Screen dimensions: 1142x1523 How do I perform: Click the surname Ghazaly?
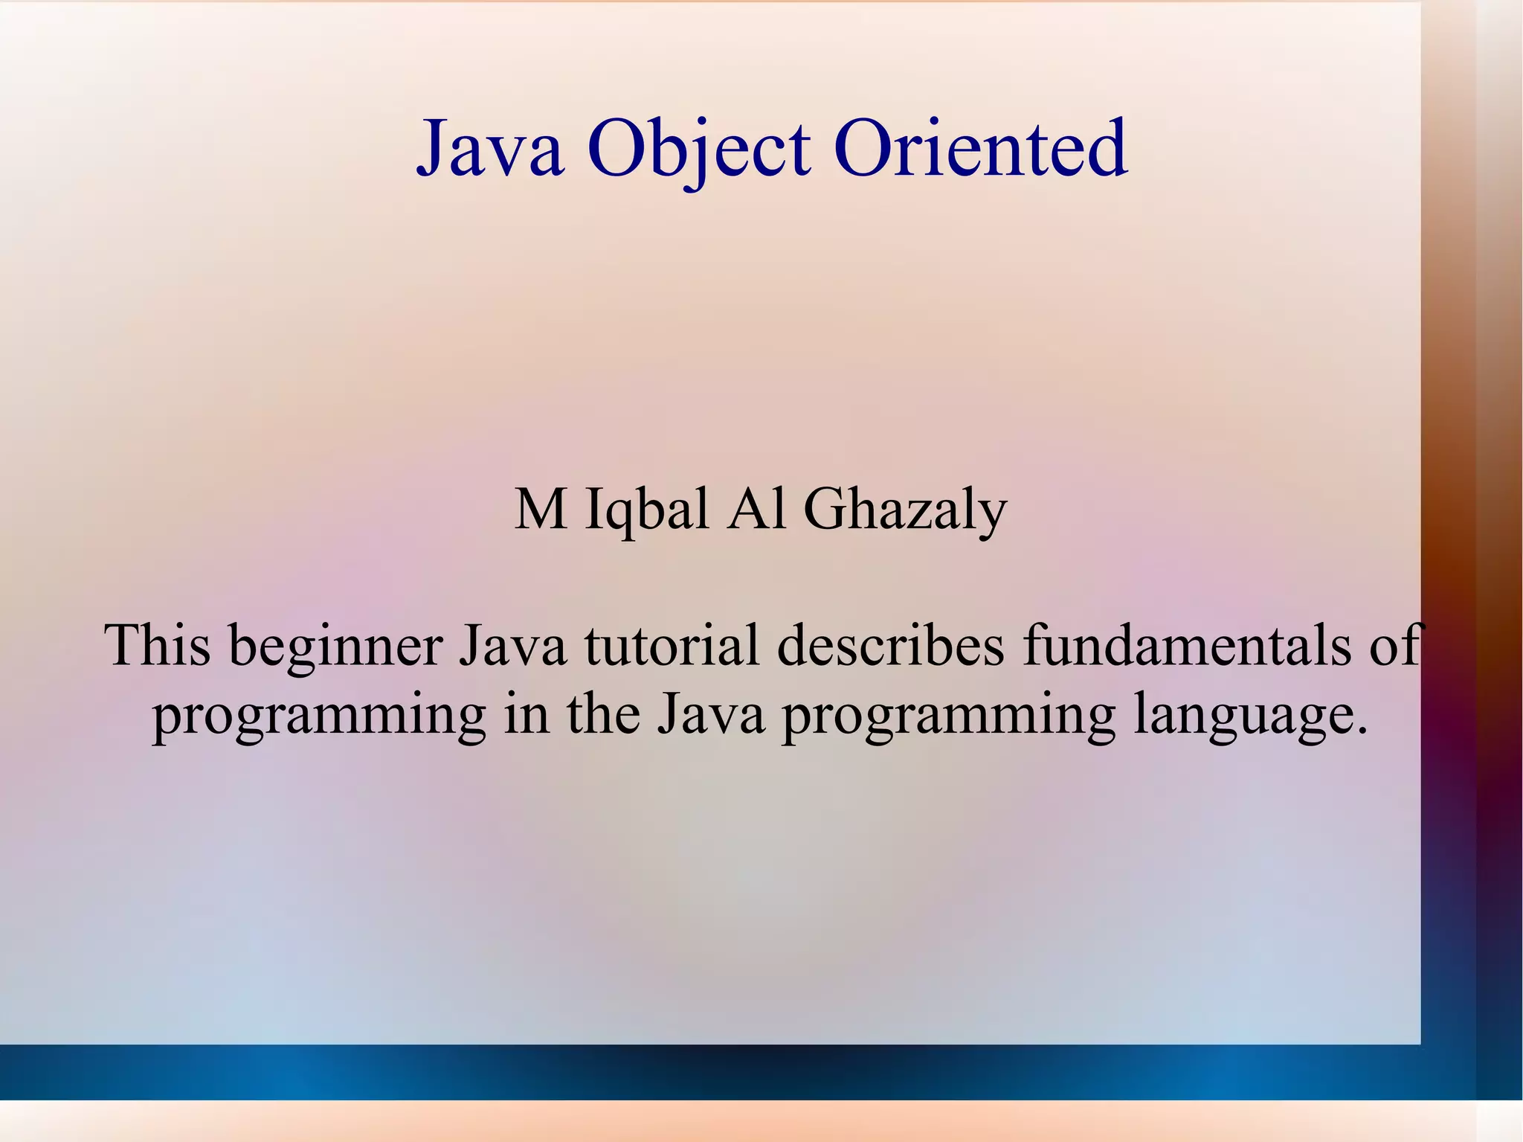click(x=905, y=512)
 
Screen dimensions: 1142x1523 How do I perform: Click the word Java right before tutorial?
click(x=512, y=645)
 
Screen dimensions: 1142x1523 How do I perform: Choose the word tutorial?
click(x=672, y=645)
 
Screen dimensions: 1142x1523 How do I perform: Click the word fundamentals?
click(x=1185, y=645)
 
